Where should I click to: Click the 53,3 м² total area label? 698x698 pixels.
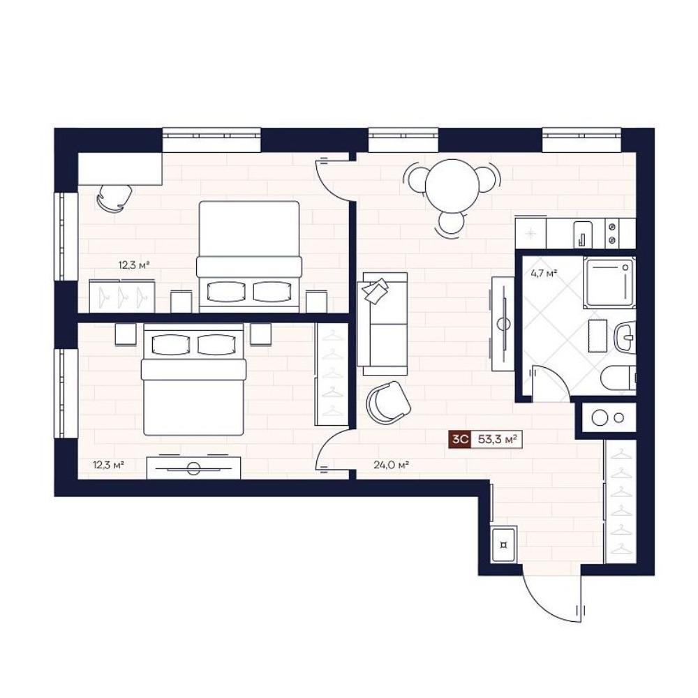(x=497, y=440)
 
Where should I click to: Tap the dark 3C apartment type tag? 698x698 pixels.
(x=460, y=440)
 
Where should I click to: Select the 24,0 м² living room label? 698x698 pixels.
(x=392, y=466)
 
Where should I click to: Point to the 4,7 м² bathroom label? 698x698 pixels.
(x=544, y=274)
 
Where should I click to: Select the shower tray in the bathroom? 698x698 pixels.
(x=609, y=282)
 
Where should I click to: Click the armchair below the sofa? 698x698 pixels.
(x=388, y=403)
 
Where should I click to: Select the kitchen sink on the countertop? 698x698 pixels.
(x=583, y=234)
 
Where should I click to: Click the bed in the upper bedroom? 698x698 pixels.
(x=249, y=256)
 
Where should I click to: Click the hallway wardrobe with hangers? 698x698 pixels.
(x=620, y=502)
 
